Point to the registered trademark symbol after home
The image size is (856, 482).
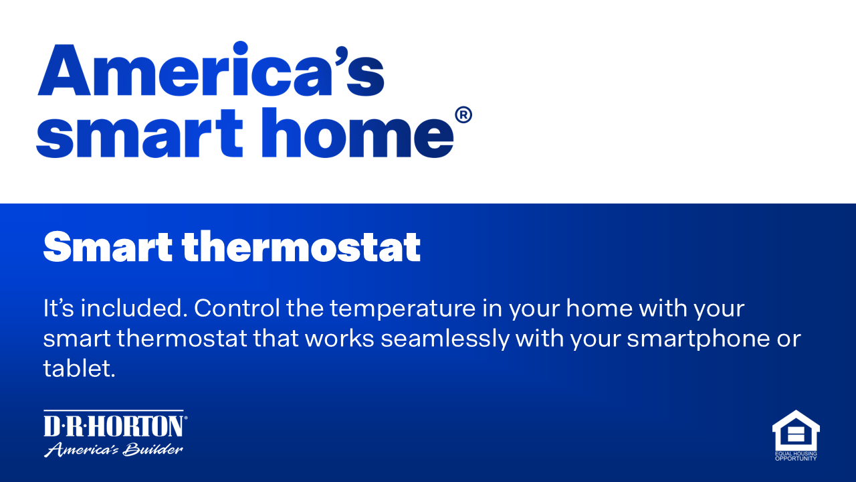463,116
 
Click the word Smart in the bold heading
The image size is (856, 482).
107,248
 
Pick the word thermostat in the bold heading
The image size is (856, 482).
301,248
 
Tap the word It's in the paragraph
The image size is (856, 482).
59,310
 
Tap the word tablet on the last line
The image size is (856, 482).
78,368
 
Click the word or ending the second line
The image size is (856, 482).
788,339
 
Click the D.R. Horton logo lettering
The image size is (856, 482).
114,426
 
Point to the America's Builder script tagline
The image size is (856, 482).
114,449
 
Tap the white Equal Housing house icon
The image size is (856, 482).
795,430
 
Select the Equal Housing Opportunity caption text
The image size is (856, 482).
795,457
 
